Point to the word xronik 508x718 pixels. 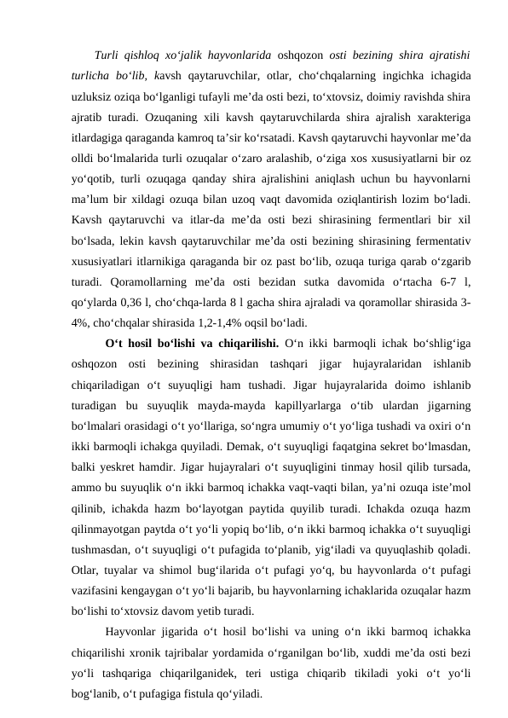point(159,653)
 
